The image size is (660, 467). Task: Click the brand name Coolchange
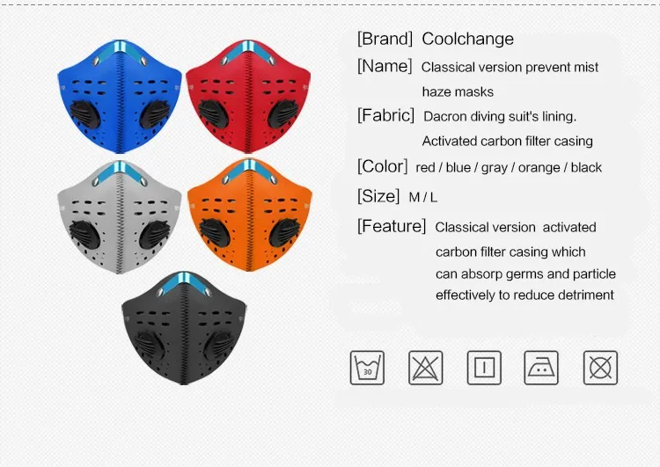tap(467, 39)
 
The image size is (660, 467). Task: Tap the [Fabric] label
tap(385, 115)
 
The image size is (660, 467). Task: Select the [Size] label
tap(378, 196)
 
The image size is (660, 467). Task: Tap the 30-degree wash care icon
tap(367, 368)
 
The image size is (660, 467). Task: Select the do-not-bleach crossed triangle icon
tap(426, 368)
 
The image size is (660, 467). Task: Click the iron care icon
tap(541, 368)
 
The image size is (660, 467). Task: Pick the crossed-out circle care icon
tap(600, 368)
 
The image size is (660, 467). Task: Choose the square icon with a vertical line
tap(484, 368)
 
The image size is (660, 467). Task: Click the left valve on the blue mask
tap(85, 114)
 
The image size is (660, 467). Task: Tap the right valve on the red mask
tap(283, 114)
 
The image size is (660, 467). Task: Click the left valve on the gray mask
tap(85, 235)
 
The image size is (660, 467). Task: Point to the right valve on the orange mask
tap(284, 233)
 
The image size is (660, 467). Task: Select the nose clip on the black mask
tap(185, 282)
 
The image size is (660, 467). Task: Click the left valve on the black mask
tap(150, 346)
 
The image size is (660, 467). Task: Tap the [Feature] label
tap(392, 226)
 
